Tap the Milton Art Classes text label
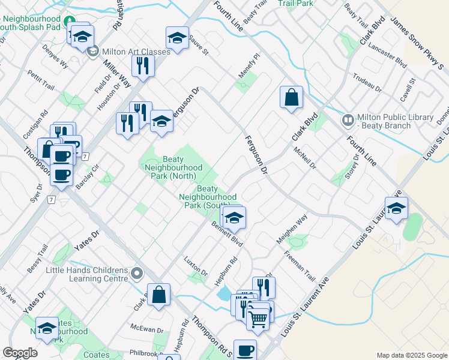pyautogui.click(x=136, y=52)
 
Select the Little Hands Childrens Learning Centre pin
pyautogui.click(x=137, y=275)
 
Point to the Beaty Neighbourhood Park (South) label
pyautogui.click(x=208, y=197)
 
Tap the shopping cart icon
pyautogui.click(x=258, y=318)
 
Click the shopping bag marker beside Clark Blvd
pyautogui.click(x=291, y=98)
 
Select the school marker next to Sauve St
pyautogui.click(x=177, y=38)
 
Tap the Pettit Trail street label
pyautogui.click(x=41, y=80)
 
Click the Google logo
pyautogui.click(x=20, y=353)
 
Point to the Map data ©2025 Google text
pyautogui.click(x=411, y=355)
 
